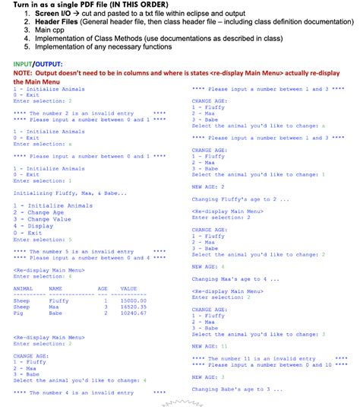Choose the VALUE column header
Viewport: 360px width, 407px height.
tap(128, 288)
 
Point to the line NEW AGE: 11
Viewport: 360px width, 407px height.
tap(209, 346)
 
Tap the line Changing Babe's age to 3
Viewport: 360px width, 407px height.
tap(231, 389)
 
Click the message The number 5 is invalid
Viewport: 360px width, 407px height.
tap(73, 252)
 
